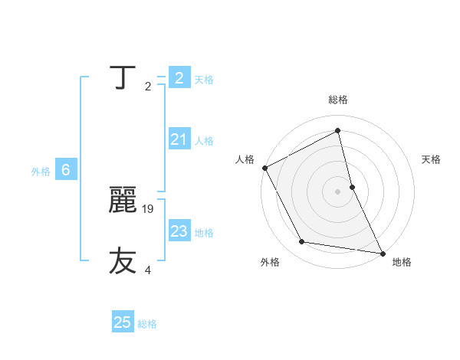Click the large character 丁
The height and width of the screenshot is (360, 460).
[123, 78]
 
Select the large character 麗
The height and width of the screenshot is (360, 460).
[123, 201]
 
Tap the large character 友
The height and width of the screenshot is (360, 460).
[123, 261]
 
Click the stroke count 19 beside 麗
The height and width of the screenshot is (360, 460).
[149, 208]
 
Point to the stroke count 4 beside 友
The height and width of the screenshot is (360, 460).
[148, 270]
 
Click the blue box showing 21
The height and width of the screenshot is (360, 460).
[179, 139]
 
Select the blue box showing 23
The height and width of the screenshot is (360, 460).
[179, 231]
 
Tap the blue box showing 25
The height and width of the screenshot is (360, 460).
[123, 322]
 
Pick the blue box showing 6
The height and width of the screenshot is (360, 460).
[66, 170]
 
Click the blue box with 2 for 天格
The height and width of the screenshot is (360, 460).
[179, 78]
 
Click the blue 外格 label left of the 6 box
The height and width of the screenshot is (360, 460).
[41, 172]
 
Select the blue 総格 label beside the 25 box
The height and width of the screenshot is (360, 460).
[147, 324]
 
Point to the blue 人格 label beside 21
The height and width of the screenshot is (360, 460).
[205, 141]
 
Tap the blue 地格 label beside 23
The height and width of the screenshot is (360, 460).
[205, 233]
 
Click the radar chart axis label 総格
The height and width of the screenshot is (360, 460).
[338, 100]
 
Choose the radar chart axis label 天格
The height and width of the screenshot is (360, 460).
[432, 159]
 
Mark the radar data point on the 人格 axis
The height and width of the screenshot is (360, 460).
[264, 168]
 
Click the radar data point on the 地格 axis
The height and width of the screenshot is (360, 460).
[383, 252]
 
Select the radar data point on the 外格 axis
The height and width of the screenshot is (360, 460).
[302, 242]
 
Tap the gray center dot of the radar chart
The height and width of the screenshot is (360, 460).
[338, 191]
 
